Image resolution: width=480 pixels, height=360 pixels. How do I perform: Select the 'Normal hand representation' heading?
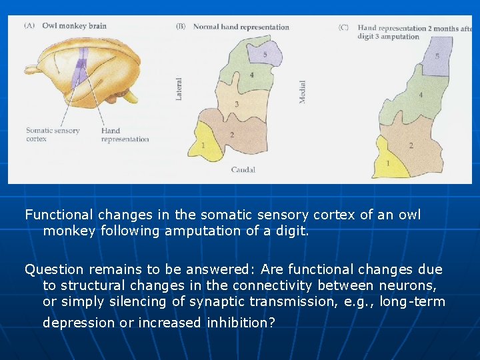pos(241,27)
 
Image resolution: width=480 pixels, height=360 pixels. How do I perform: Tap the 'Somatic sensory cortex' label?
pos(52,135)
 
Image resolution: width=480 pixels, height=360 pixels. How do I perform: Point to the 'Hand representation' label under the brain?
pos(125,135)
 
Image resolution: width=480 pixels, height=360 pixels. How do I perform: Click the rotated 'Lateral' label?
pos(179,89)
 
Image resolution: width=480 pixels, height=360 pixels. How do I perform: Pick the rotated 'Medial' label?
pos(303,91)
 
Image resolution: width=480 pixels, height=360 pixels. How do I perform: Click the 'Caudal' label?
pos(243,170)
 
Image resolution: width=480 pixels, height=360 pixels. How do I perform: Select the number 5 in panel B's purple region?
pos(265,54)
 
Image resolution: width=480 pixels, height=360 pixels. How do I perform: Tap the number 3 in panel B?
pos(237,105)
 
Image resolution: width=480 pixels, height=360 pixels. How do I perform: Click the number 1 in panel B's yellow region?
pos(203,145)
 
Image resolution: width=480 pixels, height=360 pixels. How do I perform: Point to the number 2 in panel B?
pos(231,135)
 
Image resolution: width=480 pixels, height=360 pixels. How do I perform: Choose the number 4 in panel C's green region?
pos(420,95)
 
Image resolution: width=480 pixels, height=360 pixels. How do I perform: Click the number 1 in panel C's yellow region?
pos(389,163)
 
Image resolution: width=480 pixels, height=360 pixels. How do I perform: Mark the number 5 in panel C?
pos(437,56)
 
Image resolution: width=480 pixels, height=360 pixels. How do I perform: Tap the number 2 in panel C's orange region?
pos(411,145)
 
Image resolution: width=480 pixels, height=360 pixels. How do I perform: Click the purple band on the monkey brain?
pos(81,67)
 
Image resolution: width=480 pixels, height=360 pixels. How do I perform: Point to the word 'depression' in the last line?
pos(73,323)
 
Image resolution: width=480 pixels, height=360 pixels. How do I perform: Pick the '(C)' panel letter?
pos(343,28)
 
